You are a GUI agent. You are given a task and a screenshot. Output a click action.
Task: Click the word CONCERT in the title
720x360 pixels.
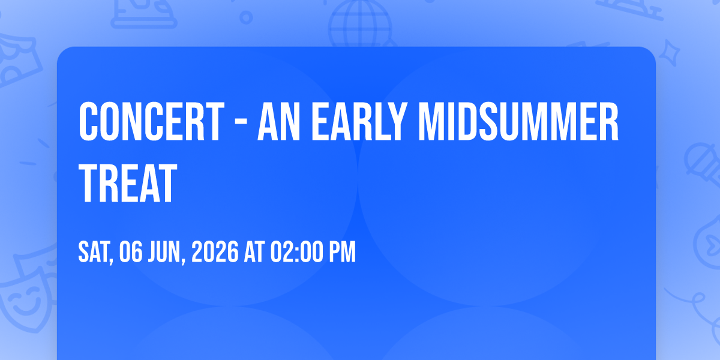[151, 121]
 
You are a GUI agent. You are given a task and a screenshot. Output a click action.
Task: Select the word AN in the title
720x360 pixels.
[278, 121]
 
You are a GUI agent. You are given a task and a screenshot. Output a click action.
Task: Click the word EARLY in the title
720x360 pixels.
[359, 121]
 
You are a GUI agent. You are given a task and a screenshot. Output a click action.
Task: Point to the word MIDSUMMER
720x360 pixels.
[518, 121]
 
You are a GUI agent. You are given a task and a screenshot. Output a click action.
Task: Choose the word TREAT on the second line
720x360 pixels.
[128, 183]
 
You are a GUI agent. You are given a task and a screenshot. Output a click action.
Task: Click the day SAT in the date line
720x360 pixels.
[95, 252]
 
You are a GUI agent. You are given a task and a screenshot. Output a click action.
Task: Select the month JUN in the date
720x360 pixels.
[166, 252]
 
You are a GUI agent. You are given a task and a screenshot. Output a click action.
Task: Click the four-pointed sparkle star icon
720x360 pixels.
[669, 53]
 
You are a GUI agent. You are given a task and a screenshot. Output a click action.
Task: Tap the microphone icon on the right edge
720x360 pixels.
[703, 164]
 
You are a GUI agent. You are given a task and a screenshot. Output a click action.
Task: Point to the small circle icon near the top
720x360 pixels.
[246, 17]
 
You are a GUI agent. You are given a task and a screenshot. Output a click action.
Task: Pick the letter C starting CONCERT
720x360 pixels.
[88, 121]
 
